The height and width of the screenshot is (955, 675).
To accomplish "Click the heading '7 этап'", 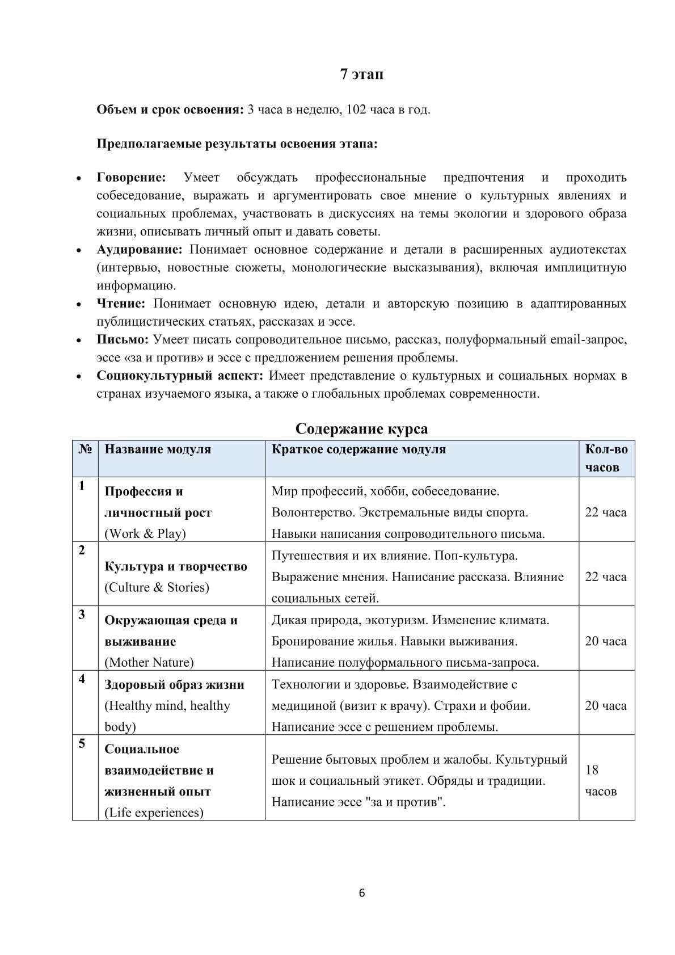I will [361, 74].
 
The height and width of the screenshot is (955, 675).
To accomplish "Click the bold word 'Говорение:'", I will [131, 178].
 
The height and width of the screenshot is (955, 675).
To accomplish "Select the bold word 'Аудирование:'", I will [140, 250].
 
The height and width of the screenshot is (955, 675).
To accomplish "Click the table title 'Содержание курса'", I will [361, 428].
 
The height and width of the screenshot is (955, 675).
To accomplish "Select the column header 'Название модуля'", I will [158, 449].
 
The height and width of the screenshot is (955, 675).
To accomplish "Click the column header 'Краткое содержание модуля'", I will [358, 449].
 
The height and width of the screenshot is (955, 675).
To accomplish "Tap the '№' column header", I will [85, 449].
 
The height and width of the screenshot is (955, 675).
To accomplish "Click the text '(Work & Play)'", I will [145, 533].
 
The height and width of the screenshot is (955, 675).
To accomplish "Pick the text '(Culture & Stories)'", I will [157, 587].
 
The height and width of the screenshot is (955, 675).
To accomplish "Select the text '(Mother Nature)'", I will [149, 662].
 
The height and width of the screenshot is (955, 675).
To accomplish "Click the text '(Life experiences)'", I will [154, 813].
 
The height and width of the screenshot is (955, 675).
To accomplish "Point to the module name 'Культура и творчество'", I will [176, 566].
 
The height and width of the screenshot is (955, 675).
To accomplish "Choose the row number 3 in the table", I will [82, 615].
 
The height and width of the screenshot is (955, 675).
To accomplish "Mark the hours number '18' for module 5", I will [592, 770].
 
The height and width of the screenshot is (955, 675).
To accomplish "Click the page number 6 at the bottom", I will [362, 893].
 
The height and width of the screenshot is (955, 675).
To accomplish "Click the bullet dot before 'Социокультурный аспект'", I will [79, 376].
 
